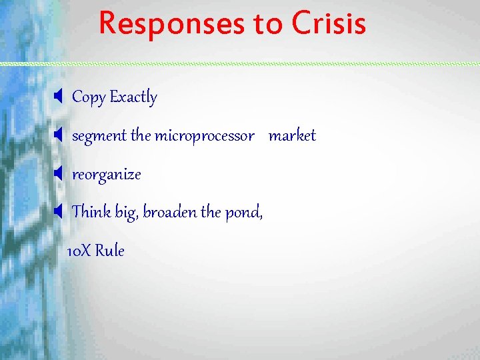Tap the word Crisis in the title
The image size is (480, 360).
(329, 23)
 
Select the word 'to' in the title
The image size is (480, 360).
(269, 25)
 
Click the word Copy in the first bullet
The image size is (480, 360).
(89, 97)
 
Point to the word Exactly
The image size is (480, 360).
(133, 97)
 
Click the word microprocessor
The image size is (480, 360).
(204, 136)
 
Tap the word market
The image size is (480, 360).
(292, 136)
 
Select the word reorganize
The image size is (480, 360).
(107, 175)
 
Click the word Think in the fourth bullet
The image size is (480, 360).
(91, 213)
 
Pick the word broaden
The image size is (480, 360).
(170, 213)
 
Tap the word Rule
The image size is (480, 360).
(109, 251)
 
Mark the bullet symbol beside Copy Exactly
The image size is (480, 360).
(58, 97)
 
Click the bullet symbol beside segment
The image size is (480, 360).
(58, 136)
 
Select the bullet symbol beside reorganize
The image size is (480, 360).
(58, 175)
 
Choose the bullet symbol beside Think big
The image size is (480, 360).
(58, 213)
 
